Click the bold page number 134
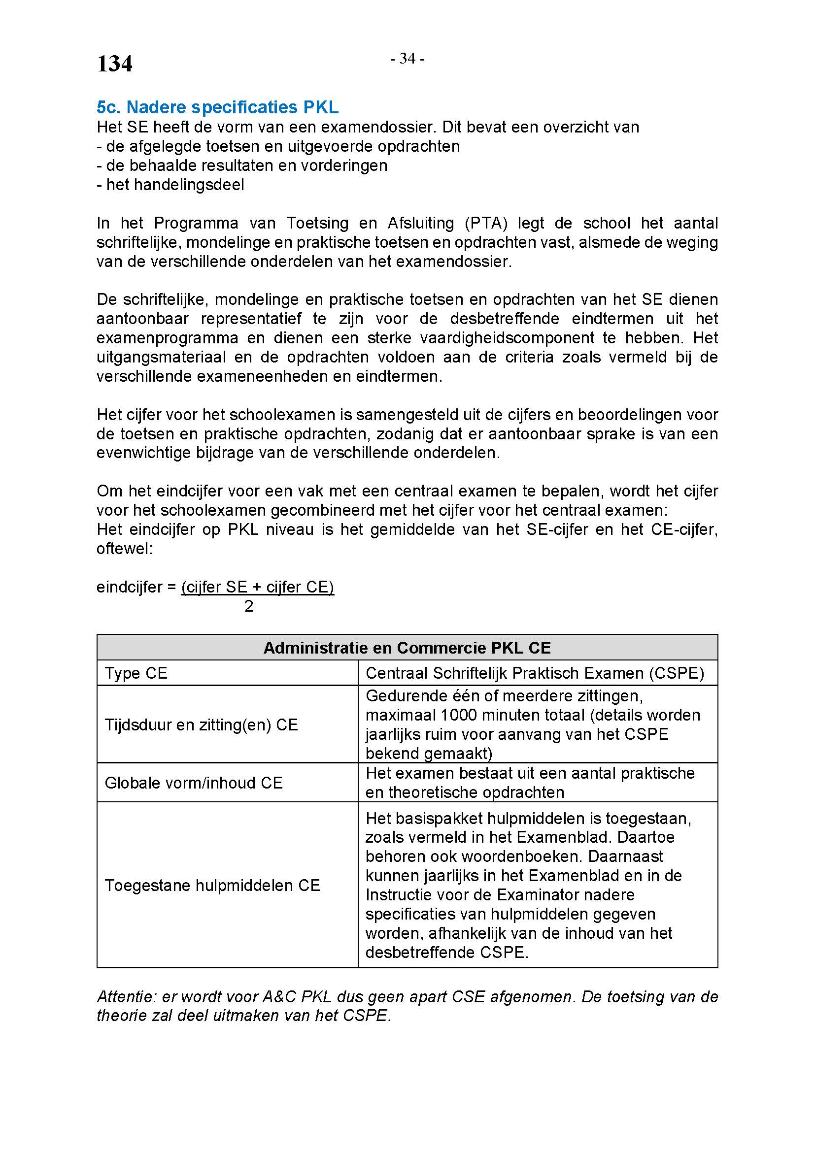coord(114,64)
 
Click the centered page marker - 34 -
coord(407,59)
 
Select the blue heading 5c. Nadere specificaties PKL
coord(217,107)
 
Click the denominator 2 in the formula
coord(249,607)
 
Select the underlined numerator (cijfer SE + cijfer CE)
coord(257,587)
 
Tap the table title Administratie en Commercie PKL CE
coord(407,648)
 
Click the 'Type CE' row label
coord(136,673)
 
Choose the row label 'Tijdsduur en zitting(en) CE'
coord(201,724)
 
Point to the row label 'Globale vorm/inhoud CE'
coord(194,783)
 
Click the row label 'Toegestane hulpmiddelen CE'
coord(212,885)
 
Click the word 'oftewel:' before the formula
coord(125,548)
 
